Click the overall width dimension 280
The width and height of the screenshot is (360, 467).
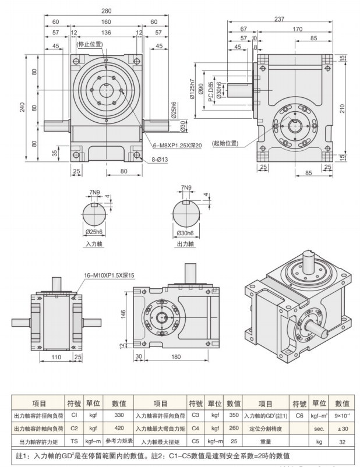pyautogui.click(x=105, y=11)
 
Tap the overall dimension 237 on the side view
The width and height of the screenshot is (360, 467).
pyautogui.click(x=280, y=19)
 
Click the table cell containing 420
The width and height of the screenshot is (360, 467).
pyautogui.click(x=119, y=429)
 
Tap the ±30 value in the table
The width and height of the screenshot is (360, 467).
pyautogui.click(x=342, y=429)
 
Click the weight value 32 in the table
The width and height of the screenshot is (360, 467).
pyautogui.click(x=342, y=441)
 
